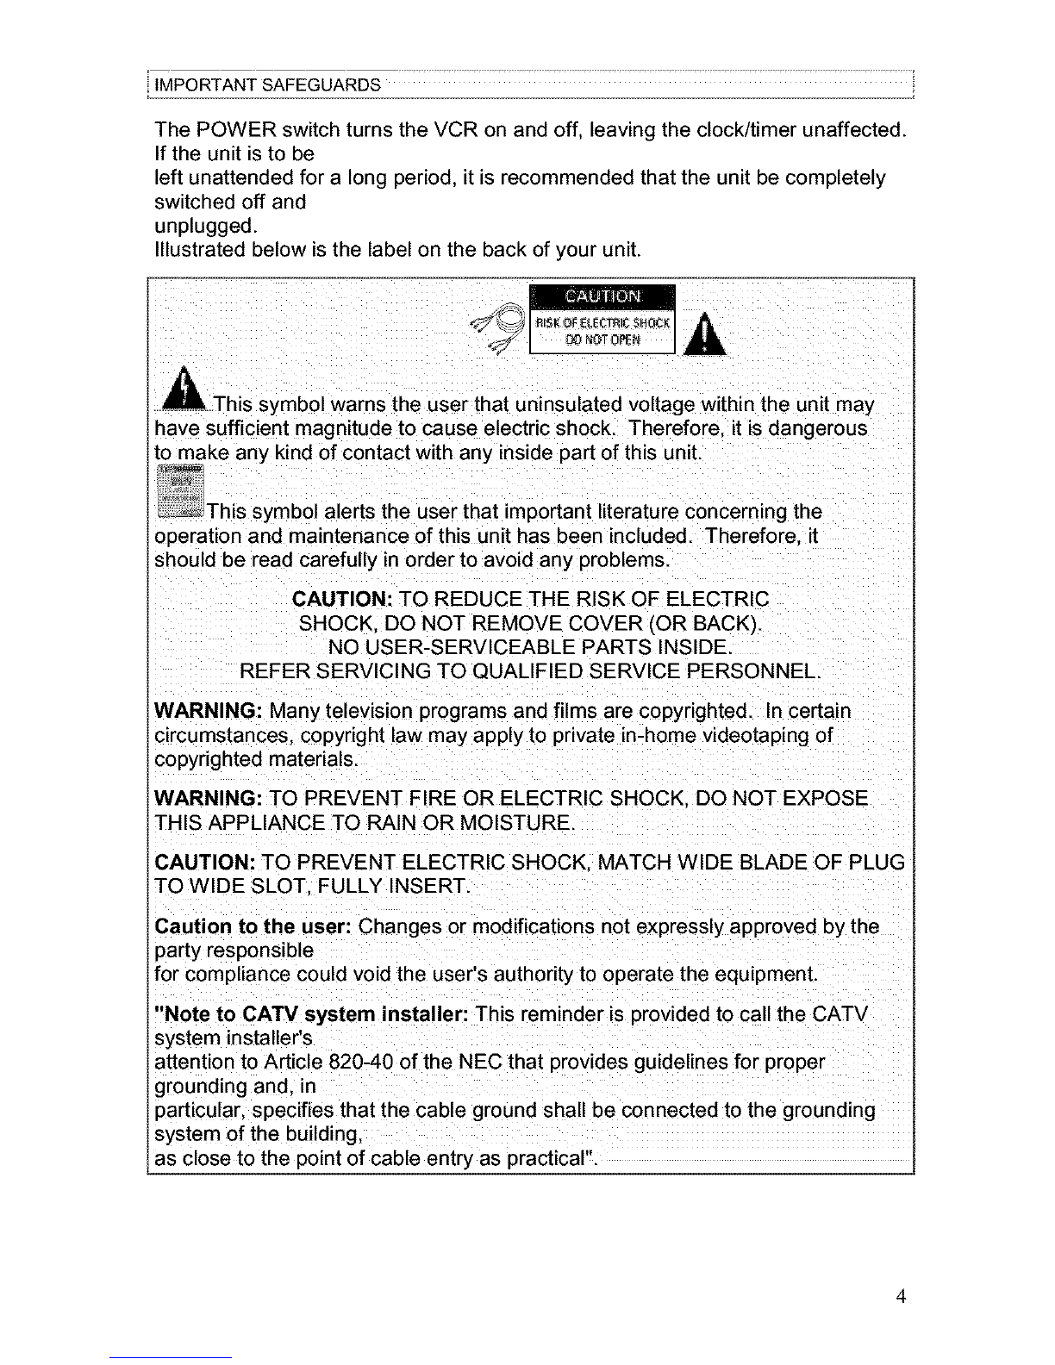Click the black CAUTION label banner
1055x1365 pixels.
point(602,296)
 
